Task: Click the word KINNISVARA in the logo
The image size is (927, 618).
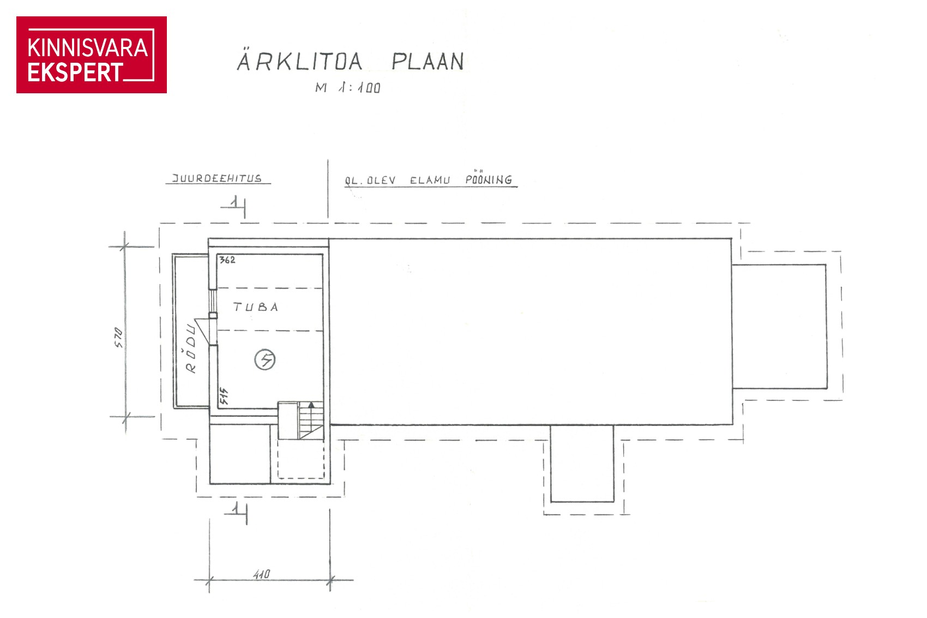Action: (88, 47)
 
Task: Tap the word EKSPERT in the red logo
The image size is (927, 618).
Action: (75, 73)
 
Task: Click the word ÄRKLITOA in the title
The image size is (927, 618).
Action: (299, 61)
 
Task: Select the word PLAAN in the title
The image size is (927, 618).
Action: (428, 62)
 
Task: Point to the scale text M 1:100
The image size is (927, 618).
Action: (348, 88)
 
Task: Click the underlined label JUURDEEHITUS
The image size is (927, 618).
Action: (217, 178)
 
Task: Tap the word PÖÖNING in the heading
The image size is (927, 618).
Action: (489, 178)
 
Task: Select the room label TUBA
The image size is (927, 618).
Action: (256, 307)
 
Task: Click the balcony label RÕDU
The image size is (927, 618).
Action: (191, 349)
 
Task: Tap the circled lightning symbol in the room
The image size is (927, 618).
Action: (265, 359)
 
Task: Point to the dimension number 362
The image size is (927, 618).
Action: (227, 260)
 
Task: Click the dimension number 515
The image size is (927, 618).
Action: (224, 396)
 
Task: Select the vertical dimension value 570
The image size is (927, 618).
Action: (119, 337)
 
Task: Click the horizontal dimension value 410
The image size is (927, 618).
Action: (262, 574)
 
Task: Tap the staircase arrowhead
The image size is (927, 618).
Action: (311, 404)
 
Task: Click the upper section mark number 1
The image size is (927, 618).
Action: (234, 202)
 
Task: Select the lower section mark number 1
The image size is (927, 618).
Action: (236, 508)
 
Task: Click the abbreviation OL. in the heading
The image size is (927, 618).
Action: (354, 181)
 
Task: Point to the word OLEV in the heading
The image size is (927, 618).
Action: (382, 181)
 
